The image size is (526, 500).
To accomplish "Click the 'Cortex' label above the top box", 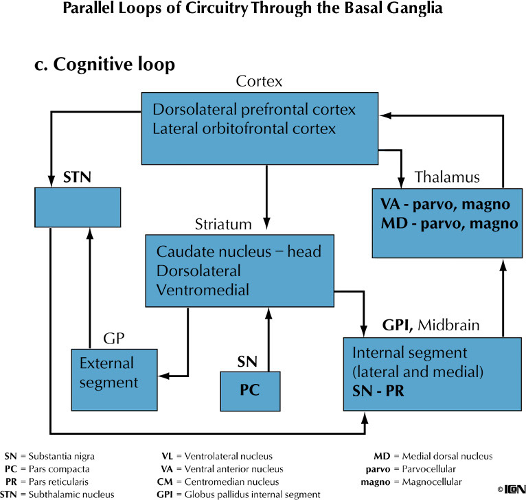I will [259, 82].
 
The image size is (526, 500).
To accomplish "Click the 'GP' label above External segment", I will [113, 339].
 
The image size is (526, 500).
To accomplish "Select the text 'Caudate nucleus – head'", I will [238, 251].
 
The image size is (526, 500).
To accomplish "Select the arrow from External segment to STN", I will [89, 288].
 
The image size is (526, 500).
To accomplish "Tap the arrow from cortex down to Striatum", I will [266, 185].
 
